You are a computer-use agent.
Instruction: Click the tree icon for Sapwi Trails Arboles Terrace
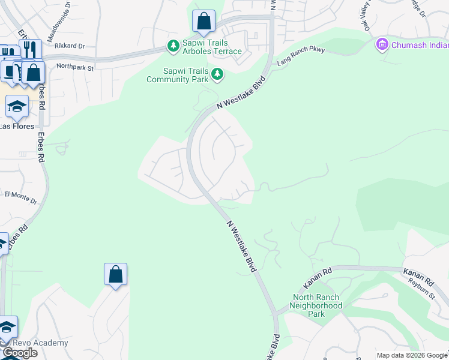pos(173,46)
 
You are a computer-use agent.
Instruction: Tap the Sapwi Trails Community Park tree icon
pos(217,75)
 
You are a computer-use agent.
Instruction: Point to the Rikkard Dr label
pos(70,46)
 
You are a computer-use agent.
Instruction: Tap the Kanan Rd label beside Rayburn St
pos(418,277)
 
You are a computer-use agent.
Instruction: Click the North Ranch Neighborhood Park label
pos(317,305)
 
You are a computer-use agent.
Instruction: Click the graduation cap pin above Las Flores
pos(17,107)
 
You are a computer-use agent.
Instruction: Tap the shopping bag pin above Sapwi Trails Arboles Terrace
pos(204,22)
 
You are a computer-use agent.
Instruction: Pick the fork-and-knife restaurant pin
pos(30,49)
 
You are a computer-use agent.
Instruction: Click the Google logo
pos(20,353)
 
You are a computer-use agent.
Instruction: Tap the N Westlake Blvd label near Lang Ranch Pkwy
pos(241,95)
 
